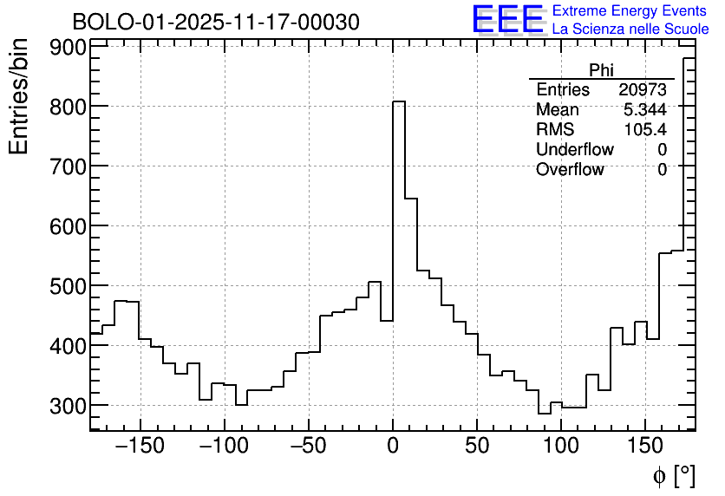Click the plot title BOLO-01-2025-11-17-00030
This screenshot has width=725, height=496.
[215, 22]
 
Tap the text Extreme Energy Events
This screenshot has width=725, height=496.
[630, 11]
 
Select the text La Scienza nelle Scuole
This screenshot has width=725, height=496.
[630, 29]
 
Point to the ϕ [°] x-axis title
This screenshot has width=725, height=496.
[673, 475]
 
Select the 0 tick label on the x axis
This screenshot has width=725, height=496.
[393, 447]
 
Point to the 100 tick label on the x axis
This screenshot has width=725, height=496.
[561, 447]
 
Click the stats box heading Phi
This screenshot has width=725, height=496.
[601, 71]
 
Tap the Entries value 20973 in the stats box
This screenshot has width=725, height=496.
[643, 90]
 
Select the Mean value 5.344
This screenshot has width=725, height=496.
[644, 110]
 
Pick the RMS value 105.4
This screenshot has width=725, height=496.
[645, 130]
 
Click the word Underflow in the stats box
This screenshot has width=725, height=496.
[574, 150]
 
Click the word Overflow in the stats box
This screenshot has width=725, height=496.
[570, 170]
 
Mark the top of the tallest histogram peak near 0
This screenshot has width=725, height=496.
[399, 101]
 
